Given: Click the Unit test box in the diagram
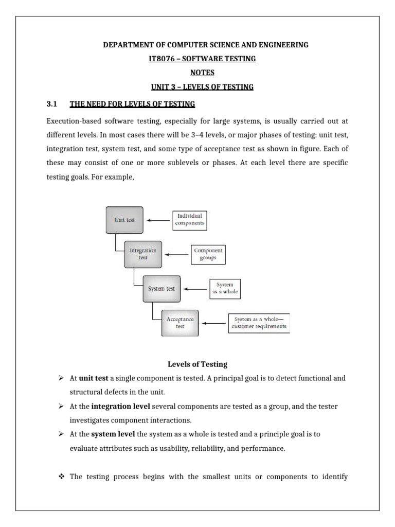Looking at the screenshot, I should coord(124,220).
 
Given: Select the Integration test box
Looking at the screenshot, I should coord(143,254).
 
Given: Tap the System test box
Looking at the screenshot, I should coord(161,289).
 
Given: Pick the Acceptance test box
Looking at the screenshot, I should coord(179,323).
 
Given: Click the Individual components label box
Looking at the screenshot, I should coord(189,220).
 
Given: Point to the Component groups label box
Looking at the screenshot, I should coord(208,254).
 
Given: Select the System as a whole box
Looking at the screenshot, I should coord(225,289).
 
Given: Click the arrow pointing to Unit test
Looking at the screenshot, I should coord(158,220).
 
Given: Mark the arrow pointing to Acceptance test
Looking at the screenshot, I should coord(213,323).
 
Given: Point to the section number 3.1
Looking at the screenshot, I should coord(51,104).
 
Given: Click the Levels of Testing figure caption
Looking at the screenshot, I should coord(197,364).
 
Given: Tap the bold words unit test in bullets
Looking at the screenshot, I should coord(93,378).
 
